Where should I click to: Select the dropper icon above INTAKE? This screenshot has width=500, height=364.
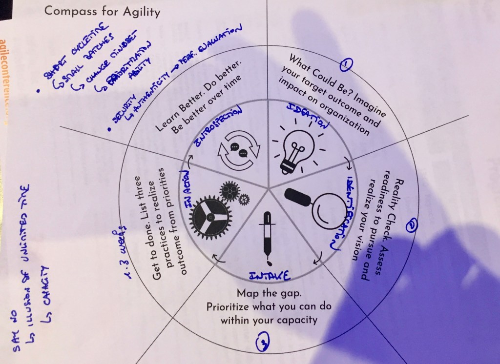click(267, 234)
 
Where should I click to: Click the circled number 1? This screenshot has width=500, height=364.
click(347, 64)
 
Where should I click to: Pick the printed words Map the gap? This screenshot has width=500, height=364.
click(267, 294)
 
